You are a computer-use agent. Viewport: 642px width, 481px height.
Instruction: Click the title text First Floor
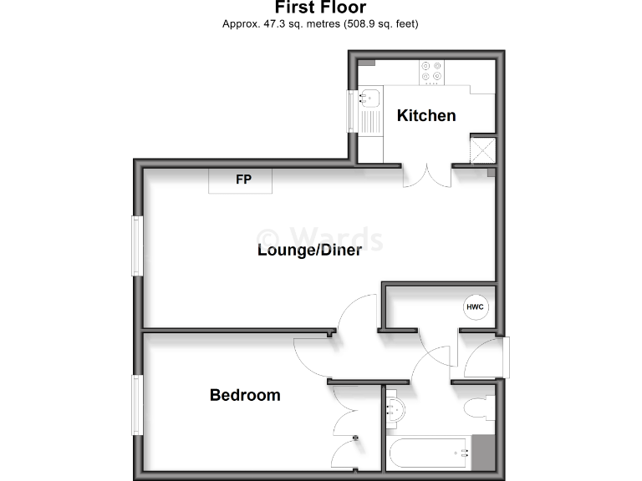pyautogui.click(x=320, y=8)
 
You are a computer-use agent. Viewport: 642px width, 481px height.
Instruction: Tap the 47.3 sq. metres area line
pyautogui.click(x=320, y=24)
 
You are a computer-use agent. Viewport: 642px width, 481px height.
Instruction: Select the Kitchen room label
pyautogui.click(x=426, y=115)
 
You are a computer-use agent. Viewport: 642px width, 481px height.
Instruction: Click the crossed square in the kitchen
pyautogui.click(x=482, y=149)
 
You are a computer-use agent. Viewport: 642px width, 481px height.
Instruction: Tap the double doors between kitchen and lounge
pyautogui.click(x=428, y=174)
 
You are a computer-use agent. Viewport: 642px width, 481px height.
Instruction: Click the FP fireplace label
pyautogui.click(x=242, y=180)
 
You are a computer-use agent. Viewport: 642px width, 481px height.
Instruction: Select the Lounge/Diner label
pyautogui.click(x=309, y=250)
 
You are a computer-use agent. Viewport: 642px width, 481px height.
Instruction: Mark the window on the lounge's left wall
pyautogui.click(x=137, y=246)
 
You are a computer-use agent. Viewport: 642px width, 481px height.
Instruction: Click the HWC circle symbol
pyautogui.click(x=475, y=307)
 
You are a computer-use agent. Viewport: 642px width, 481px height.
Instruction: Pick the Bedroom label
pyautogui.click(x=245, y=395)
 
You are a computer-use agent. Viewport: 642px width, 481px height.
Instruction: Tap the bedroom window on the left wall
pyautogui.click(x=137, y=406)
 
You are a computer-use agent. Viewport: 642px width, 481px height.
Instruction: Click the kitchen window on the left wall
pyautogui.click(x=353, y=110)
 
